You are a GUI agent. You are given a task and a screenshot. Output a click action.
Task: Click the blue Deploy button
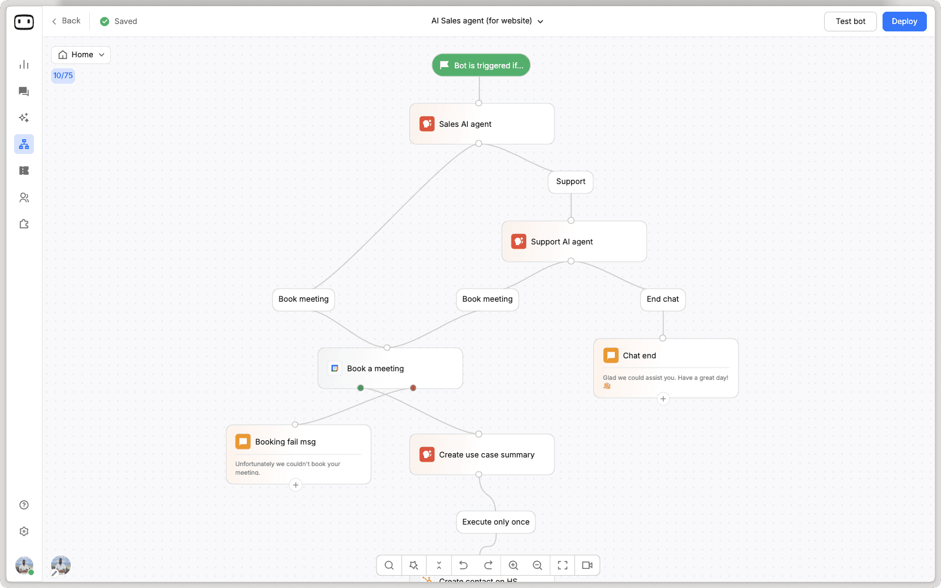[x=904, y=22]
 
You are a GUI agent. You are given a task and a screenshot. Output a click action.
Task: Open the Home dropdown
[x=81, y=55]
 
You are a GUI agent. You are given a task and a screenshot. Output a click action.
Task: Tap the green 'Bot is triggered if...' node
[x=481, y=65]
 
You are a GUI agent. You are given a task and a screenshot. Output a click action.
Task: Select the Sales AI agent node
[x=481, y=124]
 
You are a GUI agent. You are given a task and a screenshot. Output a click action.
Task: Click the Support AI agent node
[x=574, y=241]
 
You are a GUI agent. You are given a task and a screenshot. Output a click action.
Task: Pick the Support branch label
[x=571, y=182]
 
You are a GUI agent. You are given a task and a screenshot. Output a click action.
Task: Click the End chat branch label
[x=662, y=299]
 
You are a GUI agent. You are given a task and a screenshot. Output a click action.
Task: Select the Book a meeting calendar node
[x=390, y=368]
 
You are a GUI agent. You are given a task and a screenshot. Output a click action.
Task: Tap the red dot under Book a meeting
[x=413, y=388]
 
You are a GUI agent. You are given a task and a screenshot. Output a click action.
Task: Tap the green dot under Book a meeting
[x=361, y=388]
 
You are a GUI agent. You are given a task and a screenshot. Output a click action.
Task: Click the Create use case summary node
[x=481, y=454]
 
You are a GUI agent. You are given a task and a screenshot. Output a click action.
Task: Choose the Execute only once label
[x=495, y=522]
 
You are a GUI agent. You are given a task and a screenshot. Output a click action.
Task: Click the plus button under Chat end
[x=663, y=399]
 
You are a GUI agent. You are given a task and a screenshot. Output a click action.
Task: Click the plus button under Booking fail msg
[x=295, y=485]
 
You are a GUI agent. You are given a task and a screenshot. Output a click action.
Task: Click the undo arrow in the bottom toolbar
[x=463, y=565]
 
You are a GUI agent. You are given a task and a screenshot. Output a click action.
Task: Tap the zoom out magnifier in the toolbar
[x=537, y=565]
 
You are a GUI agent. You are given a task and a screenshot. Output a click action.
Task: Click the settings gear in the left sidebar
[x=24, y=531]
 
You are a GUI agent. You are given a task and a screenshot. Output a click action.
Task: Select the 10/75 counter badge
[x=63, y=76]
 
